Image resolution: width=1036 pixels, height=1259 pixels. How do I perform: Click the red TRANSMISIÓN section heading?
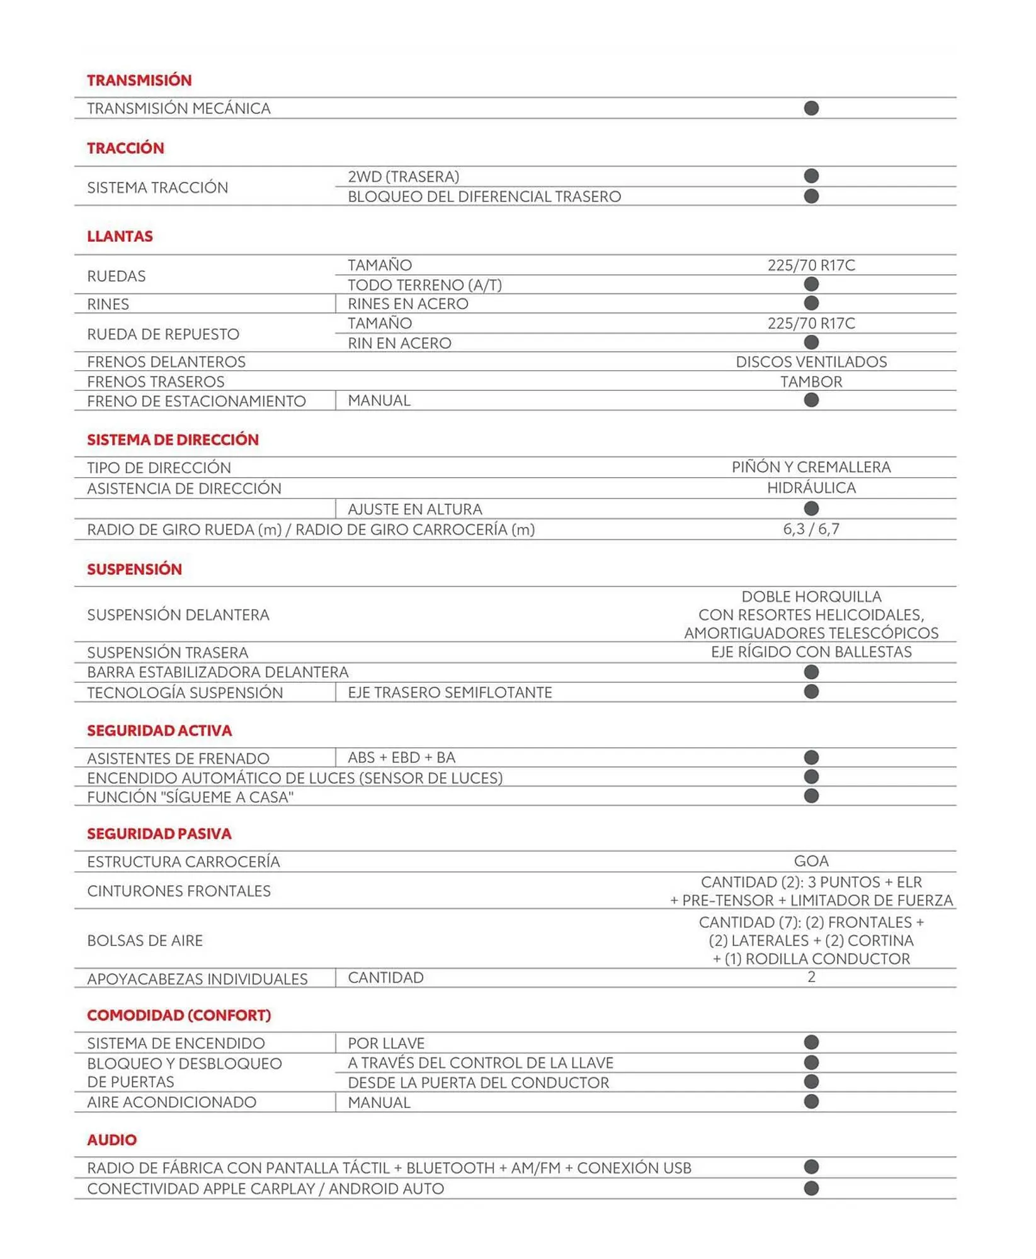point(139,81)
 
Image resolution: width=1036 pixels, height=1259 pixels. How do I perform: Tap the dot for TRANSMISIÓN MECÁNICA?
point(811,108)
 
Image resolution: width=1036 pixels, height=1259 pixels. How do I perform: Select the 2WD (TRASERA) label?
point(403,177)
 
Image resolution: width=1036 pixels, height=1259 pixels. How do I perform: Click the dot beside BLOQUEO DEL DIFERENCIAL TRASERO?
point(811,196)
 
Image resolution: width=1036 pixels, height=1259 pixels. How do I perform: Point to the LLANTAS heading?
point(120,237)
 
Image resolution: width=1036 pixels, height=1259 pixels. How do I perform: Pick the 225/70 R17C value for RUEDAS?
point(811,266)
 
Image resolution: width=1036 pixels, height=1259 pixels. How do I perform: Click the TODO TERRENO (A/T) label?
point(424,285)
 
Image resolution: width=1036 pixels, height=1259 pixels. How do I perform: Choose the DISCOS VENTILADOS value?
point(811,362)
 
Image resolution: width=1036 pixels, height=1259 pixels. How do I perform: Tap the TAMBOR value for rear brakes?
point(811,382)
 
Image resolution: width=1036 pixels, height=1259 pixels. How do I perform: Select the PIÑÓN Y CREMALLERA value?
point(811,467)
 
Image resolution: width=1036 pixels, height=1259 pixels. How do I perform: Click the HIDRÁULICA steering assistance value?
point(811,488)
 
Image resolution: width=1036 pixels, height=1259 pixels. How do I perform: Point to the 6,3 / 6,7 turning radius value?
point(811,529)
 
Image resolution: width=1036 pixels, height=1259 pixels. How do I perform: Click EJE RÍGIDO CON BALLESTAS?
point(811,652)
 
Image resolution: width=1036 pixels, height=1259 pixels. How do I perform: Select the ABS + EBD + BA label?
point(401,758)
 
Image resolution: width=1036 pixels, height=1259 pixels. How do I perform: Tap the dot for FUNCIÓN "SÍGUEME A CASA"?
point(811,796)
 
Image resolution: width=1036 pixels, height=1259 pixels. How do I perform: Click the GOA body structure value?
point(811,861)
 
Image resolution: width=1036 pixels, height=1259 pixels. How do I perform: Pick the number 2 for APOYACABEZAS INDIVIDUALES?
point(811,978)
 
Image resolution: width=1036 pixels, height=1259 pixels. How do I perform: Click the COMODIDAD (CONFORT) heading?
point(179,1015)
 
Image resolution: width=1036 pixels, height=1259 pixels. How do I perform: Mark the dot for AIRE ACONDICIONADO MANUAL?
point(811,1102)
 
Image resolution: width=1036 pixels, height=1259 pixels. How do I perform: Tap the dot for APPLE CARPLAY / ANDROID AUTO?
point(811,1188)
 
